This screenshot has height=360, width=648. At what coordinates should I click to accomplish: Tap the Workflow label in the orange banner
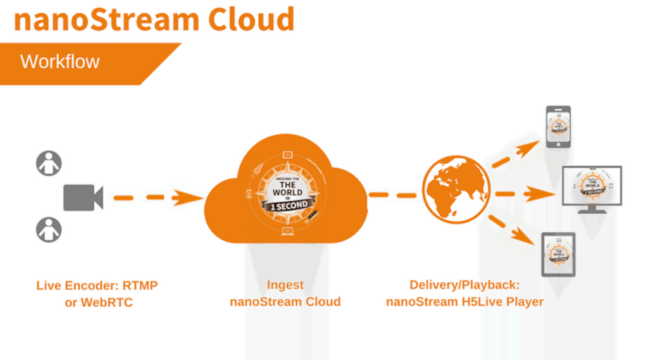click(60, 62)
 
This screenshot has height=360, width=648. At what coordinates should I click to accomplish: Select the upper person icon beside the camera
click(49, 163)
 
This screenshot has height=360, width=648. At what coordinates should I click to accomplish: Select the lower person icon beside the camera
click(49, 229)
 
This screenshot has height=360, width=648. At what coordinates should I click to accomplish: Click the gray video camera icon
click(83, 197)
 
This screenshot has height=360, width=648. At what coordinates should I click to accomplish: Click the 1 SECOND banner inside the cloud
click(289, 206)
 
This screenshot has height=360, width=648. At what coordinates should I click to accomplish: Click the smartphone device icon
click(559, 127)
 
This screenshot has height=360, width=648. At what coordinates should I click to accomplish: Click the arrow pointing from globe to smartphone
click(515, 155)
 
